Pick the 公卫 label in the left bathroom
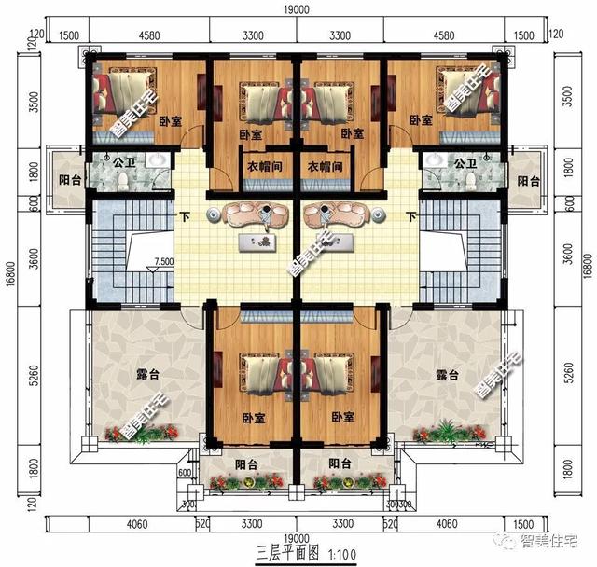[x=125, y=161]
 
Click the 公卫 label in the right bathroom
[x=465, y=161]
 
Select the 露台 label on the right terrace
[x=447, y=376]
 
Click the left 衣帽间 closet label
[x=264, y=168]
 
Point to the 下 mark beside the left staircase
[x=186, y=217]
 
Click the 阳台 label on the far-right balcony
[x=529, y=180]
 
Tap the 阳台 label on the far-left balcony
[x=68, y=180]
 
